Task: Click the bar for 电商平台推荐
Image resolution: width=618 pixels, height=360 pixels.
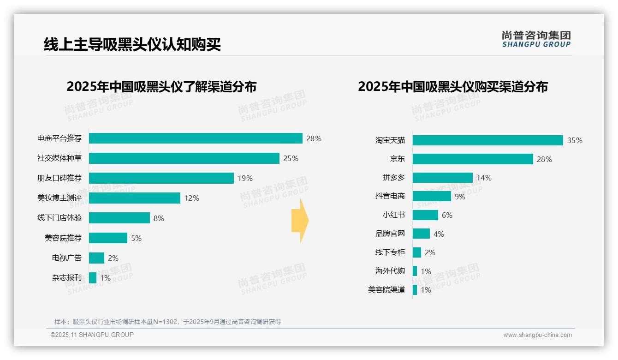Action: click(196, 138)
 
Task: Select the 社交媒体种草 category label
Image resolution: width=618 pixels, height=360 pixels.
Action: click(59, 158)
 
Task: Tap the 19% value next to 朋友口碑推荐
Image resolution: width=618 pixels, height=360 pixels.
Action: click(245, 178)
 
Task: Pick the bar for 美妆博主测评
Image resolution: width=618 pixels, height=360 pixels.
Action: click(134, 198)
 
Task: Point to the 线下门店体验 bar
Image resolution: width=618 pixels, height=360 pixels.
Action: click(119, 218)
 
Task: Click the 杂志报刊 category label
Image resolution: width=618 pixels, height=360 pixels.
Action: click(67, 278)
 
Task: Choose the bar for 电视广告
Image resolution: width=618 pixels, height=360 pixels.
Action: click(96, 258)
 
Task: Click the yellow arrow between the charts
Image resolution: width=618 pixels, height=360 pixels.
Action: click(300, 221)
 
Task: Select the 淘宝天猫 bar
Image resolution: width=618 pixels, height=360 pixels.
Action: click(487, 140)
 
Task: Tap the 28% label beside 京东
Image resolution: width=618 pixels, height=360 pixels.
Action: click(544, 159)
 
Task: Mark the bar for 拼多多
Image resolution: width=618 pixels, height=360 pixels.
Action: click(442, 178)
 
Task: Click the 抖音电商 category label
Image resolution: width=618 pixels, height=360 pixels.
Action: click(390, 196)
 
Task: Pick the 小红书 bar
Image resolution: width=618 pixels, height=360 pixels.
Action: click(425, 215)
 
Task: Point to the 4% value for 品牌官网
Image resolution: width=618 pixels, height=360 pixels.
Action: click(439, 234)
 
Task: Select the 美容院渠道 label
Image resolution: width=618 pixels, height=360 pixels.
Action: click(386, 290)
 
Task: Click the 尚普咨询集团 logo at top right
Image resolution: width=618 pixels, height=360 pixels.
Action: click(536, 39)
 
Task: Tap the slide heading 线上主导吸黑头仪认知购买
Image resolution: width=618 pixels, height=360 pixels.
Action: click(132, 45)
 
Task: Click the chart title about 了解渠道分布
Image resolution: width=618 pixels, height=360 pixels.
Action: click(161, 87)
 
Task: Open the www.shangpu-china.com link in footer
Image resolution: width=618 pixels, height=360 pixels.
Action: click(537, 335)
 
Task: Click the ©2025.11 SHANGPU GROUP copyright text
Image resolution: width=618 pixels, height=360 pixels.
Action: click(92, 335)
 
